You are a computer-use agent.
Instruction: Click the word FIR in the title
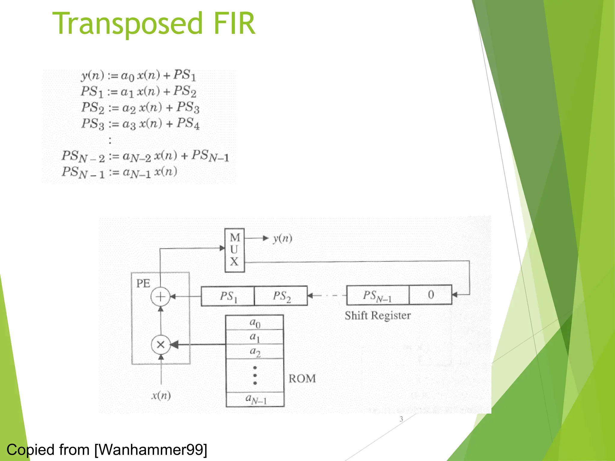(234, 23)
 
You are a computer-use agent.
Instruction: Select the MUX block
(235, 250)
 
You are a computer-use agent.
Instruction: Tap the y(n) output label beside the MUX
(282, 239)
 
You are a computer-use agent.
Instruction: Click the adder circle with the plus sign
(160, 297)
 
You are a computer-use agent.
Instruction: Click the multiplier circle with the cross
(161, 345)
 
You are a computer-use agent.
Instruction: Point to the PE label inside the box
(143, 284)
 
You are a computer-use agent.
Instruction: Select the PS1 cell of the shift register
(228, 296)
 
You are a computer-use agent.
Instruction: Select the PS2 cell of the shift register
(281, 296)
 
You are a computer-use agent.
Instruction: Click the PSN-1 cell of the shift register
(377, 296)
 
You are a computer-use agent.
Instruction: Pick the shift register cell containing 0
(431, 295)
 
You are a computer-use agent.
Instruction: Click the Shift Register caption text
(377, 316)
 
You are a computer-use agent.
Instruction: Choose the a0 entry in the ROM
(255, 323)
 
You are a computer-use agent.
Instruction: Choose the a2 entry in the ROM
(255, 351)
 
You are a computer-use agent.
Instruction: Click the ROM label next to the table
(302, 379)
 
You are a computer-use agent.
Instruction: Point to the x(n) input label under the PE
(161, 396)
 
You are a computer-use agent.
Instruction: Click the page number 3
(401, 419)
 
